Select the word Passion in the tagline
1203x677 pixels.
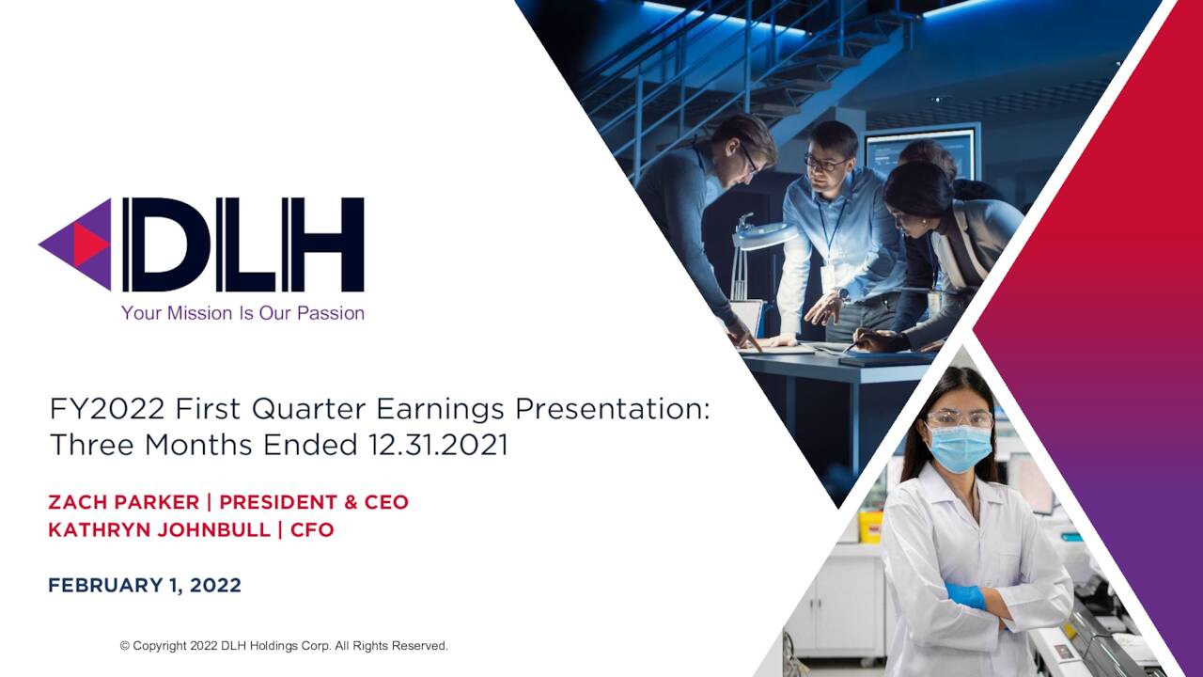331,313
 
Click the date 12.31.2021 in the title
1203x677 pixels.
438,445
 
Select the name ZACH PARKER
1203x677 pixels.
122,502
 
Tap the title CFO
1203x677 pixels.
312,529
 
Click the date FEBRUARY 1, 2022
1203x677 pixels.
145,585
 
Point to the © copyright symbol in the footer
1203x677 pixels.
124,646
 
